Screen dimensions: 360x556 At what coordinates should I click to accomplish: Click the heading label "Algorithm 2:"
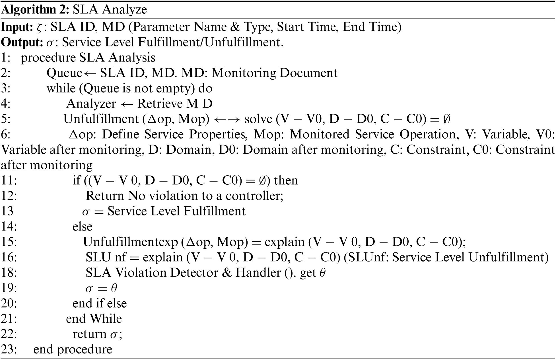point(35,10)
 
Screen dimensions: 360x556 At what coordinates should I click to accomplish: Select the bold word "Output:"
point(22,42)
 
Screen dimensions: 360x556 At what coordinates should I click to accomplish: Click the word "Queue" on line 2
point(64,73)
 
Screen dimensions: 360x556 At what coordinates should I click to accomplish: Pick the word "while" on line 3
point(61,89)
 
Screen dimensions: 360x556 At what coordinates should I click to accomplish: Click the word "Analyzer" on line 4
point(91,104)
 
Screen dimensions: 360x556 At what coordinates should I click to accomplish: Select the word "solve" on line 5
point(258,119)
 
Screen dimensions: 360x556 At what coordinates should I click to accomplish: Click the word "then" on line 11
point(286,180)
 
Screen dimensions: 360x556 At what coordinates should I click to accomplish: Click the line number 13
point(7,211)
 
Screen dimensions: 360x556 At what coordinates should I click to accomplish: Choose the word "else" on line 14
point(83,227)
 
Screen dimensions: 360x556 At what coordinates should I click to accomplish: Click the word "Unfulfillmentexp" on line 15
point(130,242)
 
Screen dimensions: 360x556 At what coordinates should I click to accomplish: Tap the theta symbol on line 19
point(114,288)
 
